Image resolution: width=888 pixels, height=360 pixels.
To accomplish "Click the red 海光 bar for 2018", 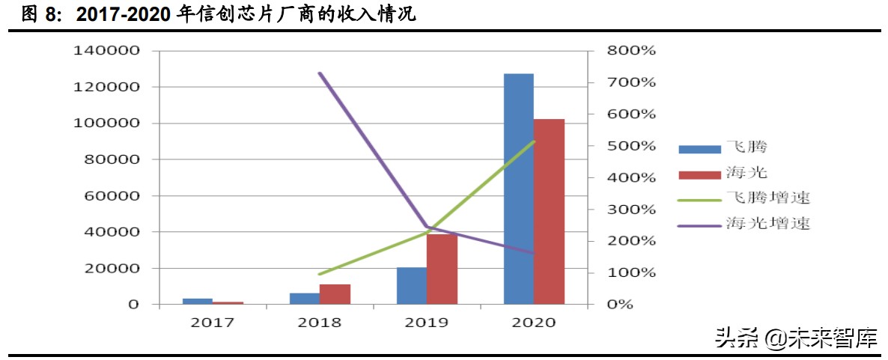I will pos(335,294).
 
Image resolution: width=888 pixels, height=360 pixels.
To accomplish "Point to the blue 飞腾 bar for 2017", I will pos(198,301).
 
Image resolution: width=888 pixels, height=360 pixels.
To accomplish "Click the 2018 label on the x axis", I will pos(319,323).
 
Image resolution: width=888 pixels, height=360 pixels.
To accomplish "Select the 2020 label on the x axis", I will pos(533,323).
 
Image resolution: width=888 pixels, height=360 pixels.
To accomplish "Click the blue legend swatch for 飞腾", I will pos(698,148).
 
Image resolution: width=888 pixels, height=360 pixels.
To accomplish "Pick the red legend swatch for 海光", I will pos(698,174).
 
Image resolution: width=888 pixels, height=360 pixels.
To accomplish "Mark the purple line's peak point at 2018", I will pos(320,73).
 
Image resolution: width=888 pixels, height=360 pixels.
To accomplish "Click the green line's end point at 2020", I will pos(534,141).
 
